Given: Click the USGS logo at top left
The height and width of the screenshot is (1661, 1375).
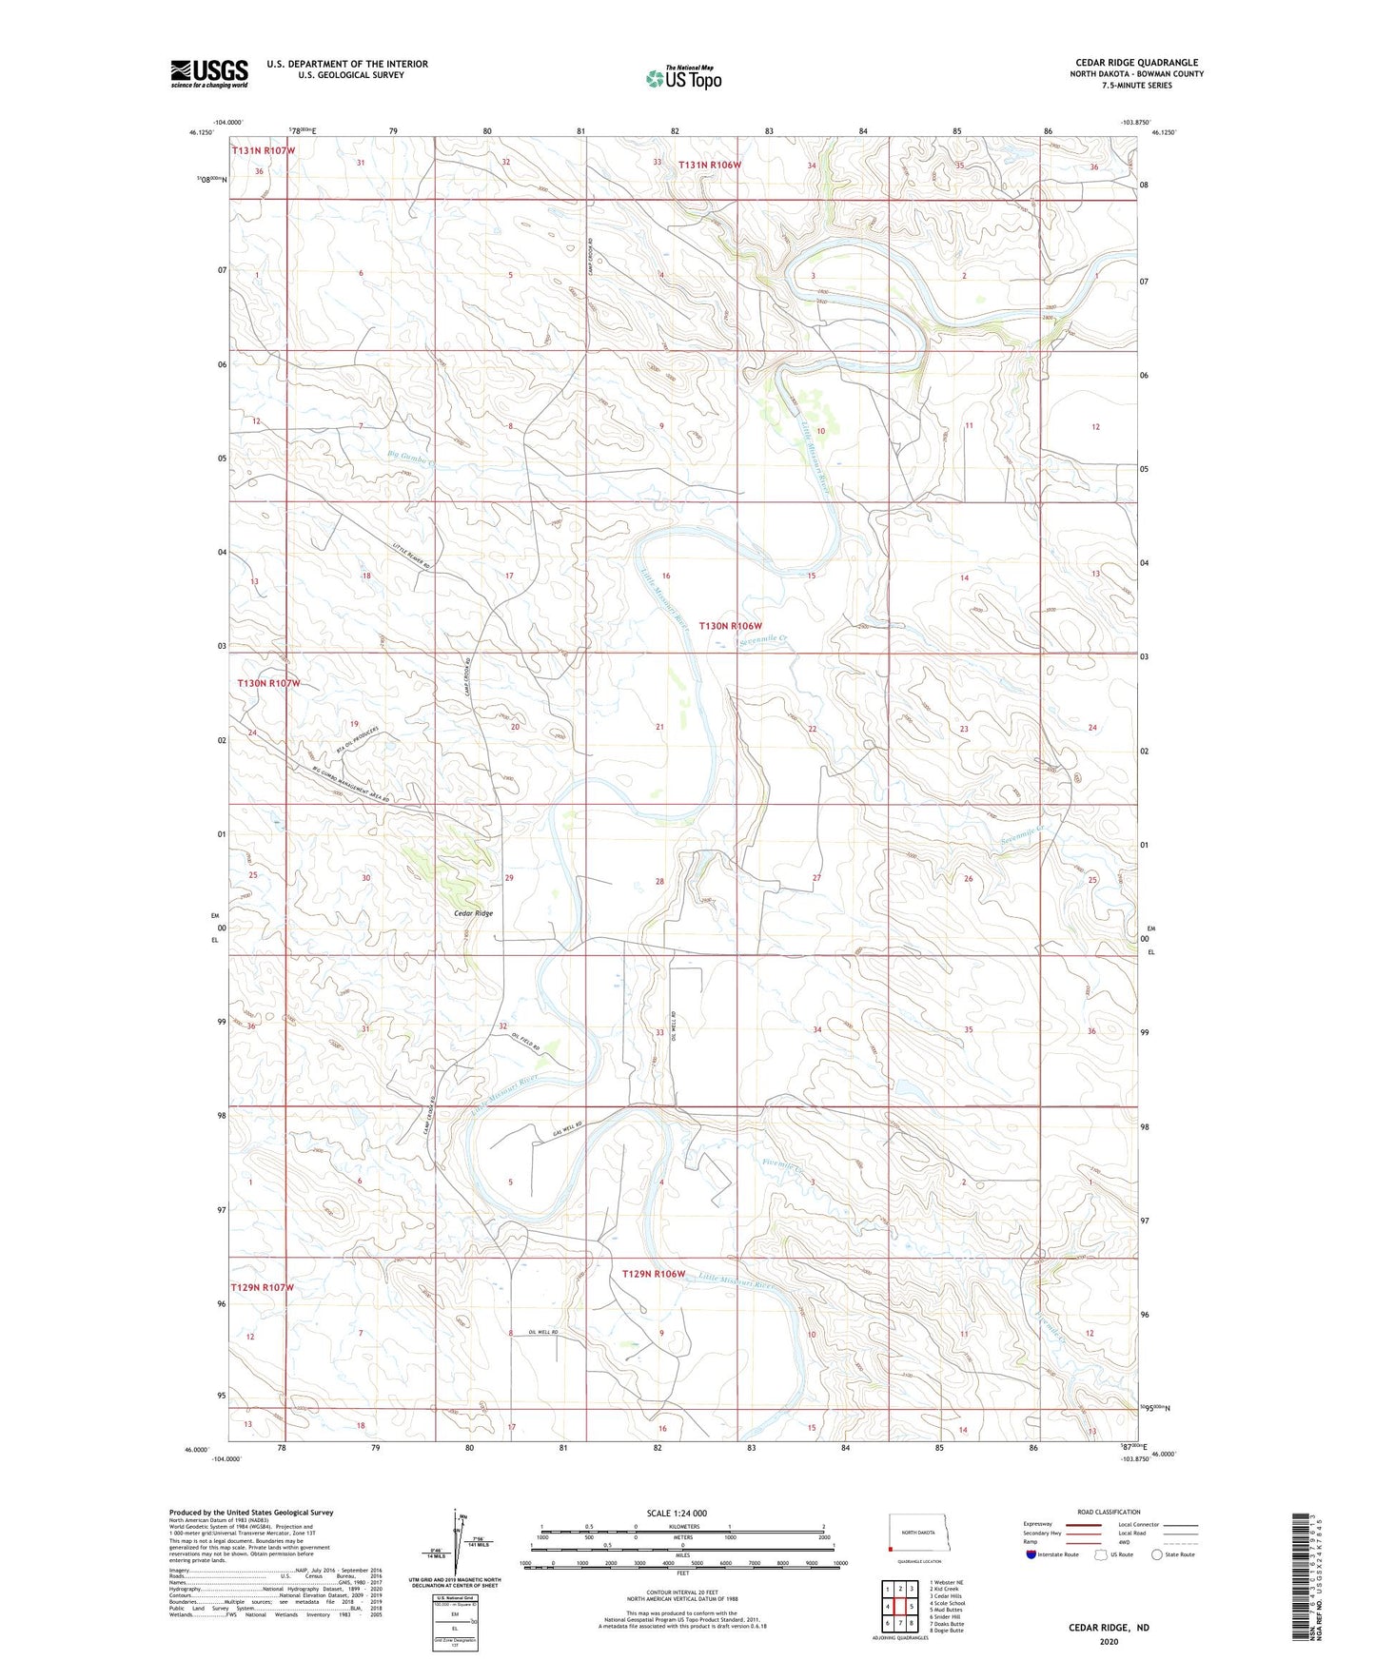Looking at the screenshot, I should pos(209,73).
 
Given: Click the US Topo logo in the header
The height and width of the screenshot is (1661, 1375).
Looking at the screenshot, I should pos(683,78).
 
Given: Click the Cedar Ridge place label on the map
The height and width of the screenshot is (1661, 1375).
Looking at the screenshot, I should pos(473,913).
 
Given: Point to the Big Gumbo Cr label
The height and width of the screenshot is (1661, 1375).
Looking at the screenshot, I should pos(411,458).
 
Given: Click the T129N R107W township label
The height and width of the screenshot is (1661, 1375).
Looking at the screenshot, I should pos(263,1287).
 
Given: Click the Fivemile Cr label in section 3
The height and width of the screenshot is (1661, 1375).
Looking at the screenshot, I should pos(784,1165).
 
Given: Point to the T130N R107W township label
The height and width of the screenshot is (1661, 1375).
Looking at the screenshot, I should pos(268,683).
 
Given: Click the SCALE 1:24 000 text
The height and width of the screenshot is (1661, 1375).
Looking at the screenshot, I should pos(677,1513).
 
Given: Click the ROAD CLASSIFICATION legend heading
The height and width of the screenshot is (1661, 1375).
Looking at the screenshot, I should pos(1109,1512).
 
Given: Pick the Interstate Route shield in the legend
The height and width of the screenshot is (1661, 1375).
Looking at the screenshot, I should pos(1031,1554).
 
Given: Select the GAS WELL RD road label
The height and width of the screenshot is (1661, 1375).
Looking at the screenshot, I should pos(567,1130).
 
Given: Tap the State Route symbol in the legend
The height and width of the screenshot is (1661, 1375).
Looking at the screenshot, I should pos(1157,1554).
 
